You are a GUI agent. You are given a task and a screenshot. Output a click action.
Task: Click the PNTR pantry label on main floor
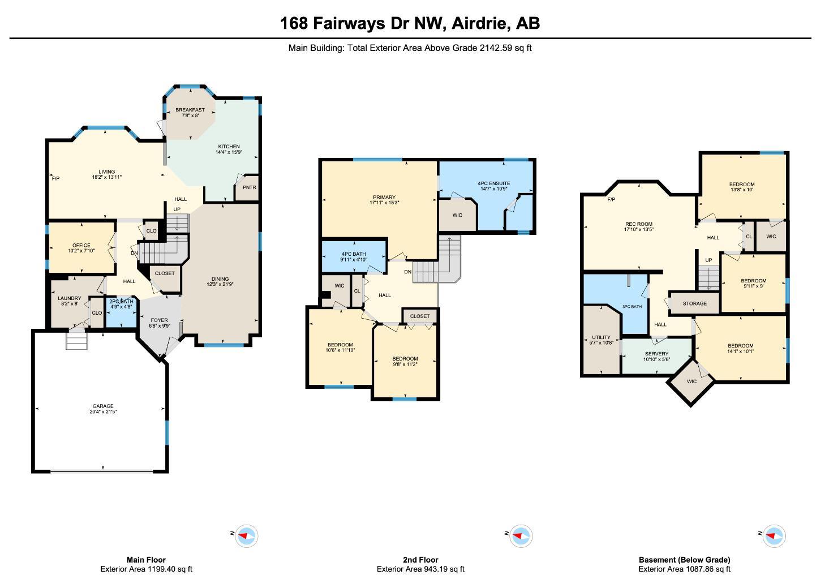coord(249,187)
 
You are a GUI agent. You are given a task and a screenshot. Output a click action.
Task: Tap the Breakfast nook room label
coord(190,110)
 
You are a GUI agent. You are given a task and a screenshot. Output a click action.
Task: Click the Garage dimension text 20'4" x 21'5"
coord(103,412)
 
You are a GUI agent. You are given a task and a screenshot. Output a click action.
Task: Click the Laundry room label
coord(69,298)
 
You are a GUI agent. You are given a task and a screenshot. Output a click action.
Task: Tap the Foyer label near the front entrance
coord(159,320)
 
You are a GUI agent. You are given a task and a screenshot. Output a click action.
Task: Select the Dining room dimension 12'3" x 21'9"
coord(220,285)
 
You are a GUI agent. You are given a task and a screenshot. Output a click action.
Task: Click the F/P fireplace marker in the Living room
coord(55,179)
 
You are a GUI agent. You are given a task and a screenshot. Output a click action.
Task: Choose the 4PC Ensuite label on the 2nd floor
coord(493,183)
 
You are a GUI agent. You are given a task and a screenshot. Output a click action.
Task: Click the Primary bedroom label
coord(384,198)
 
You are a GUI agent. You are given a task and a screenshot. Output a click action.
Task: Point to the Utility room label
coord(601,337)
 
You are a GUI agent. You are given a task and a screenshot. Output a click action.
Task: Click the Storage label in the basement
coord(694,303)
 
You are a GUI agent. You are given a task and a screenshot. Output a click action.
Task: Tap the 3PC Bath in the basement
coord(632,307)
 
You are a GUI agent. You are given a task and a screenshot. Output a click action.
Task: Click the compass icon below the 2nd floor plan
coord(520,535)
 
